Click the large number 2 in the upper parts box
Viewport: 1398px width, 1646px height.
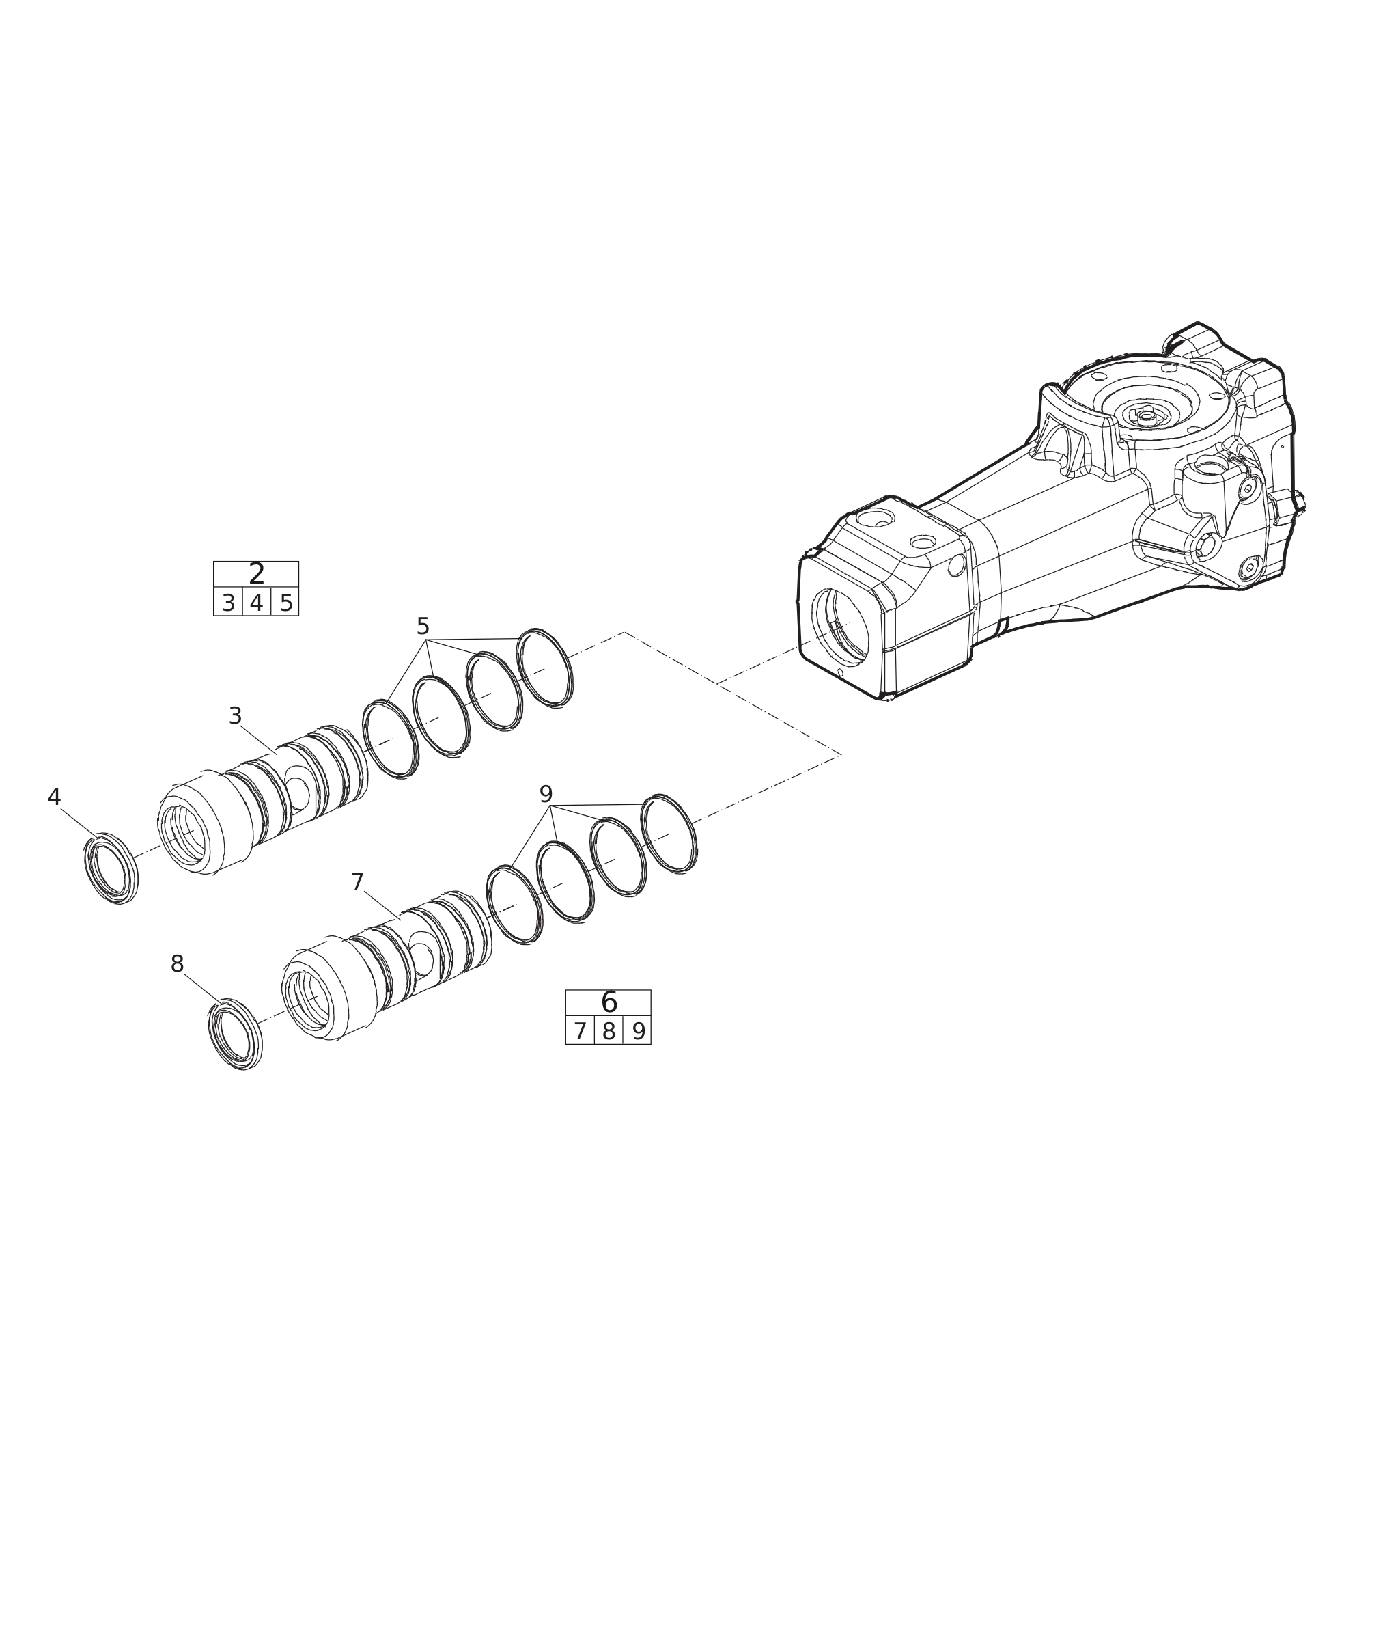pos(256,574)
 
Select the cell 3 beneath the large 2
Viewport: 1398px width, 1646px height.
pos(228,603)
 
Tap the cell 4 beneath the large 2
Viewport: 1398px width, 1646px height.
pos(256,603)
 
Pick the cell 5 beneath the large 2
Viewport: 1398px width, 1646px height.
pos(286,603)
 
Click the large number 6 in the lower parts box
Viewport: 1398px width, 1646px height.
pos(609,1003)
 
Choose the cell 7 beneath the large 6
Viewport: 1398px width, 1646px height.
pos(580,1032)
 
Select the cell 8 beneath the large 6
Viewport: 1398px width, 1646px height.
pos(609,1032)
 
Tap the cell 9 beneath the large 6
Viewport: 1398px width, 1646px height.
pos(639,1032)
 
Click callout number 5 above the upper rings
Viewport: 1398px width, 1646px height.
pos(423,627)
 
